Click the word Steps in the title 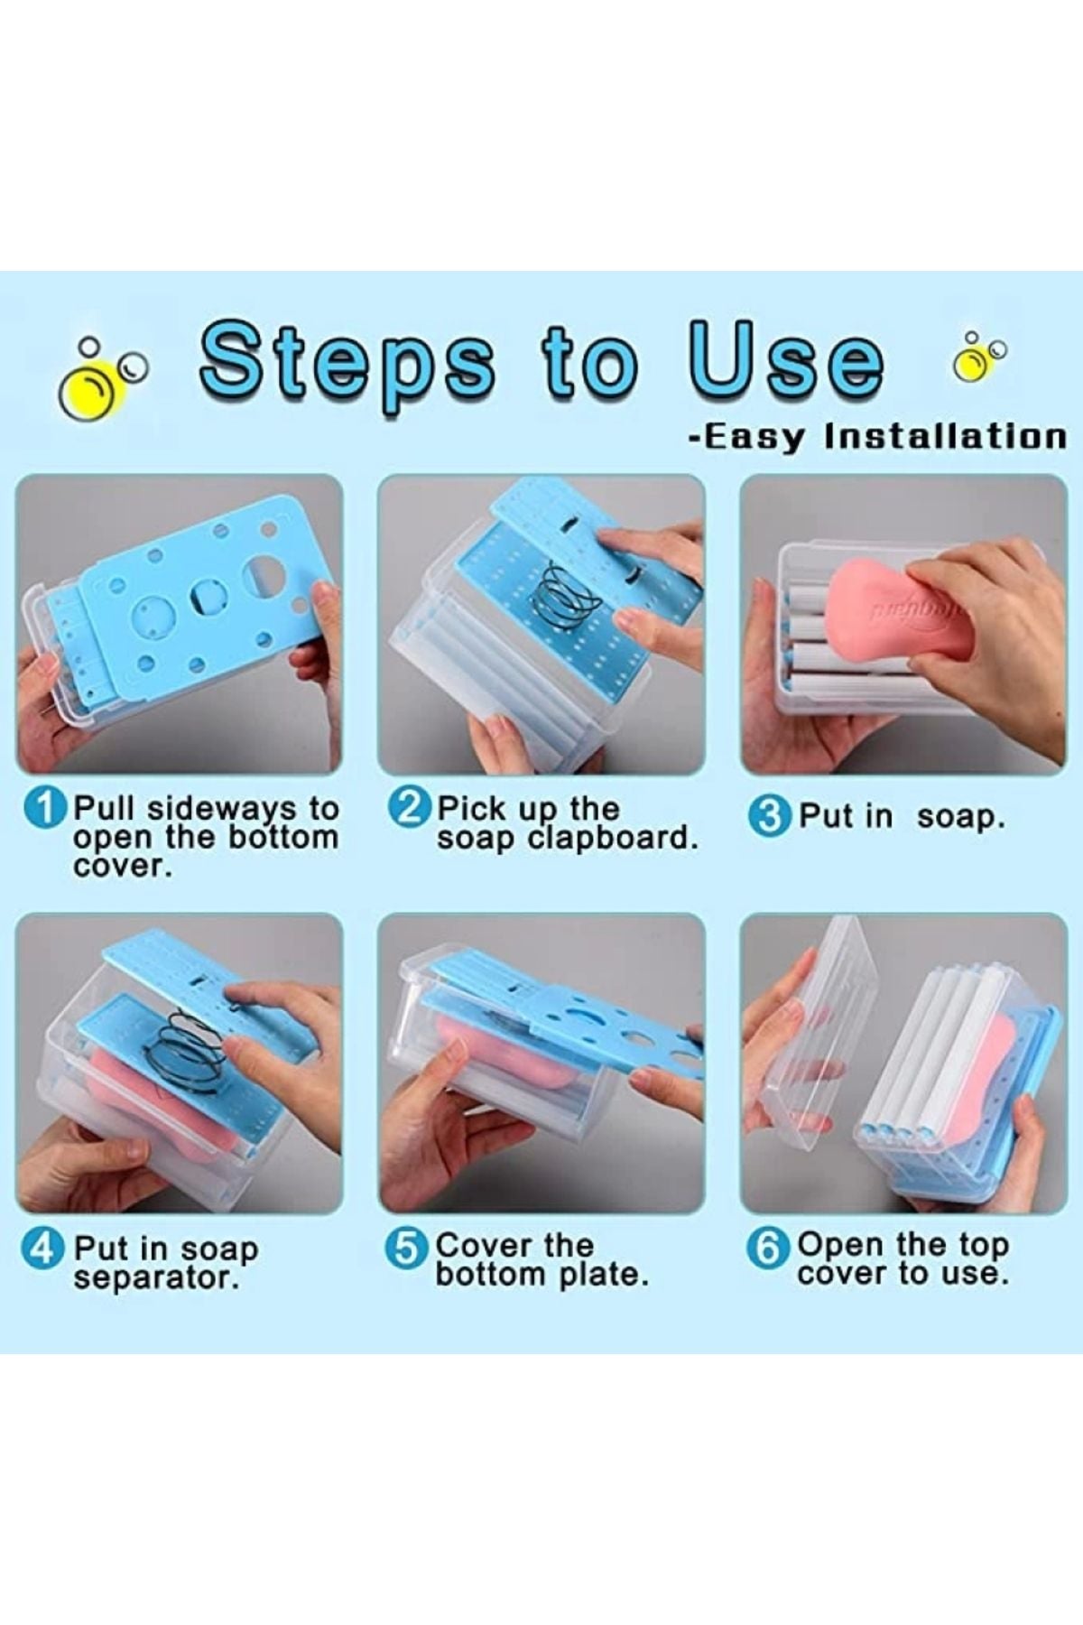[348, 365]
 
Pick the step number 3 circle [769, 817]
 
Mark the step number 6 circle [767, 1249]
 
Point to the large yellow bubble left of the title [86, 396]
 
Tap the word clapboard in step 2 [613, 839]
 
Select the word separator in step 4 [157, 1279]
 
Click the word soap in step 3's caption [960, 818]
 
